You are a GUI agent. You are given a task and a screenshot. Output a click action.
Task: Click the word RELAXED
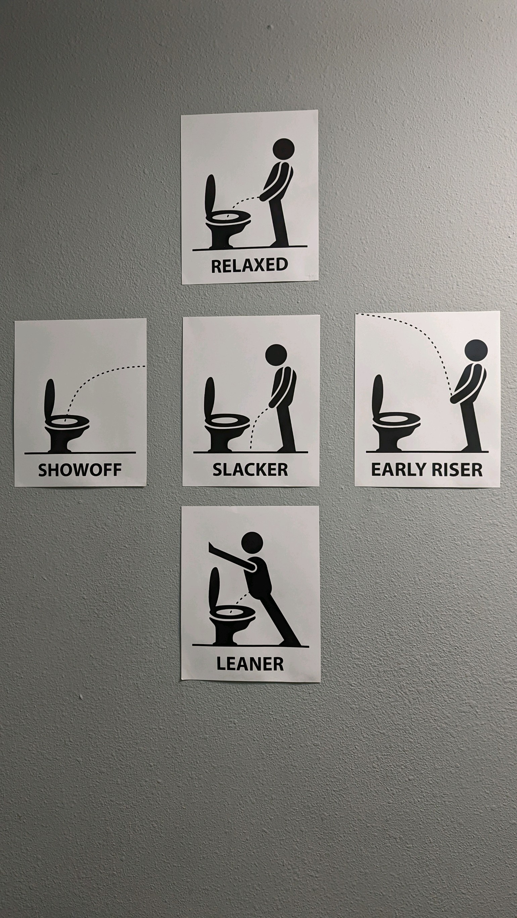[x=249, y=266]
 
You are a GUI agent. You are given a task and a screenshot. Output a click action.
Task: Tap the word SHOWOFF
[x=80, y=470]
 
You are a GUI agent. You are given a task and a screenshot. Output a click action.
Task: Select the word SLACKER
[x=250, y=469]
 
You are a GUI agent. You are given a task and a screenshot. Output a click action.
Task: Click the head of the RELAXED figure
[x=284, y=149]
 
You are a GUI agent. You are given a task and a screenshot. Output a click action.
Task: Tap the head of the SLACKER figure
[x=276, y=355]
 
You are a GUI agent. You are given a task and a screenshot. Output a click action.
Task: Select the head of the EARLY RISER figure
[x=476, y=350]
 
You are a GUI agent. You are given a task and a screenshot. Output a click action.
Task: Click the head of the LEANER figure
[x=252, y=543]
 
